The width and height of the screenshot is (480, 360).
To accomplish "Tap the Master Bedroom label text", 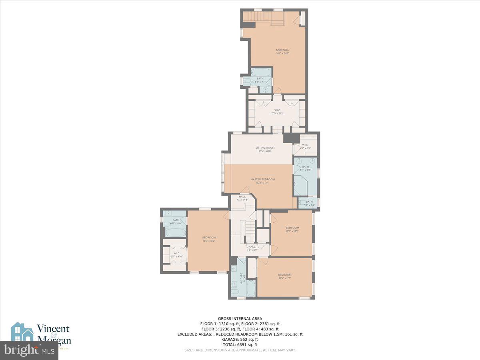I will (x=263, y=181).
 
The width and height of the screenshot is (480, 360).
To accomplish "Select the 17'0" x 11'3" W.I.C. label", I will (x=277, y=112).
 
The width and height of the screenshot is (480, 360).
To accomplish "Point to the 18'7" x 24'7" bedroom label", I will (x=282, y=52).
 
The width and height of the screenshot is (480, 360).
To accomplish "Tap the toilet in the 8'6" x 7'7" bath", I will (x=248, y=81).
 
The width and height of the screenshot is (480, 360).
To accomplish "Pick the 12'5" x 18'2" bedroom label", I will (x=209, y=239).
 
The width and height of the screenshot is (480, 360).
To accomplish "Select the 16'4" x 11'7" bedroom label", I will (x=284, y=276).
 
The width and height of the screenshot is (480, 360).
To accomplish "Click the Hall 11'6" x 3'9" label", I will (x=252, y=248).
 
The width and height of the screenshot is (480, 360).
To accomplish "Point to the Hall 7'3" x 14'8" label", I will (x=242, y=198).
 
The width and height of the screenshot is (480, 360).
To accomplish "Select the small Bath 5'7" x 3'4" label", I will (x=309, y=204).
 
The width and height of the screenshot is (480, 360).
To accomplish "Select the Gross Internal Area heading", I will (x=240, y=318).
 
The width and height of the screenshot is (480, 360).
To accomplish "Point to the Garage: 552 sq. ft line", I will (x=240, y=339).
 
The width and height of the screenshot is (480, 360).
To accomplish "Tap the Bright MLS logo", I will (x=29, y=350).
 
